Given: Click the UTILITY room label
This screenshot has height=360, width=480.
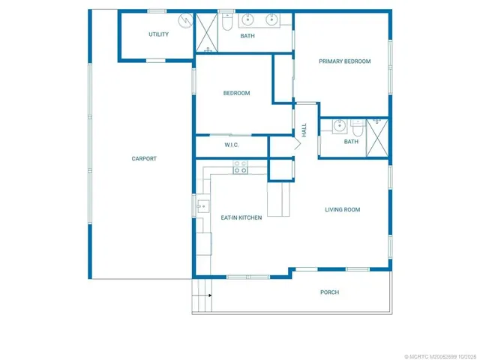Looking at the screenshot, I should tap(158, 34).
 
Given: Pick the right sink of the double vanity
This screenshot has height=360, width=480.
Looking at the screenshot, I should tap(274, 20).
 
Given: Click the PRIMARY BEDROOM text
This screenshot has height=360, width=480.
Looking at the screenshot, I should tap(344, 61).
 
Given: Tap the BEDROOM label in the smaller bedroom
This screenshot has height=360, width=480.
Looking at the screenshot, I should tap(236, 93).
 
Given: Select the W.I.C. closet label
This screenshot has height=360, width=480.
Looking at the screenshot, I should tap(232, 145).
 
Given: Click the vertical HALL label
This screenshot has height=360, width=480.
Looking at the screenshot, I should tap(304, 130).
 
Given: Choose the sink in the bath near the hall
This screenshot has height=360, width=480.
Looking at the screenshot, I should tap(339, 125).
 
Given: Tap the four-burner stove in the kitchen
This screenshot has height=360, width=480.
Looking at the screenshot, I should tap(241, 170).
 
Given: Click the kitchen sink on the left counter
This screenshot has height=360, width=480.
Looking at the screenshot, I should tap(202, 204).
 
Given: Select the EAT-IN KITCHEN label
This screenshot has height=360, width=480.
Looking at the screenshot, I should tap(241, 217).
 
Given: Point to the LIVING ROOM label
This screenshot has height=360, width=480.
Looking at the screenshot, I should tap(342, 210).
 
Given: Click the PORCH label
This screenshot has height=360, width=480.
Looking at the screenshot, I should tap(329, 292).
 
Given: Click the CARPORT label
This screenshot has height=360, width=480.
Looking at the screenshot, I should tap(144, 158).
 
